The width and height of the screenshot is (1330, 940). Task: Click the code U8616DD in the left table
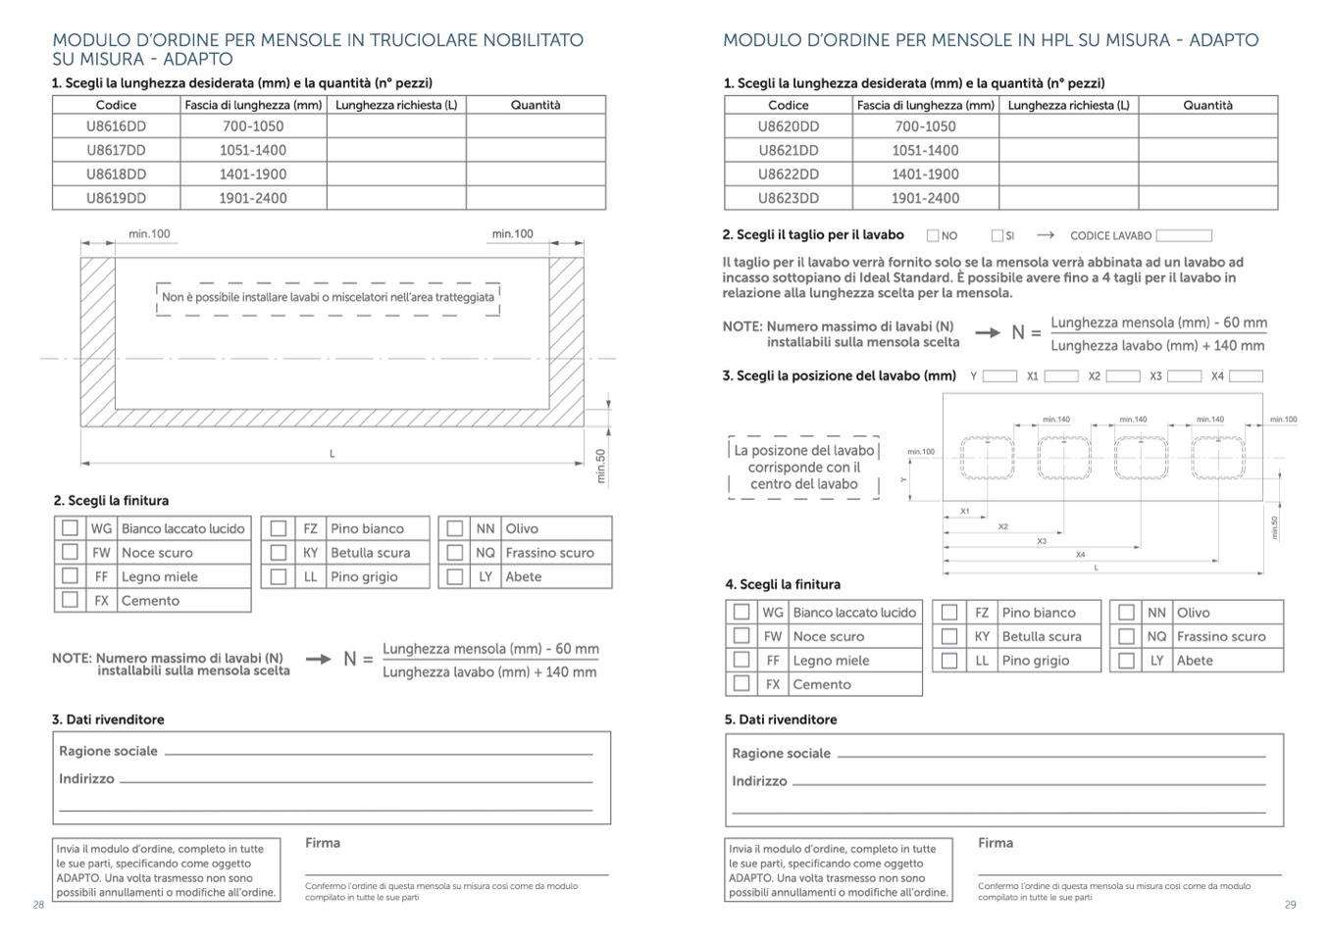(116, 126)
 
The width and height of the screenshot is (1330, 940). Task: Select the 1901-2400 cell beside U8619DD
(253, 198)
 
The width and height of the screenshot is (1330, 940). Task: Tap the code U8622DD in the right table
(788, 174)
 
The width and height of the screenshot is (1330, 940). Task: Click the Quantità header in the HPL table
(1207, 105)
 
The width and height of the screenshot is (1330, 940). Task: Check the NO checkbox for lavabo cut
(933, 235)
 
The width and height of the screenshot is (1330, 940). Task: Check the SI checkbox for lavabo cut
(997, 235)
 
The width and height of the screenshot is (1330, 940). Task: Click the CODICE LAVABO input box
(1184, 235)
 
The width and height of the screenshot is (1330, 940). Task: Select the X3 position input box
(1184, 376)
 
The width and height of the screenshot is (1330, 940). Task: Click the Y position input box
(999, 376)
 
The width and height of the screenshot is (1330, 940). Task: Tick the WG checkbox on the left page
(70, 528)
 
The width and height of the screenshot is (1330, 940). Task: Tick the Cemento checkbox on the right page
(742, 684)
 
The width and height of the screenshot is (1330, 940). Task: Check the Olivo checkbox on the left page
(454, 528)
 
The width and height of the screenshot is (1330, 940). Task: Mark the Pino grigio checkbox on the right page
(948, 661)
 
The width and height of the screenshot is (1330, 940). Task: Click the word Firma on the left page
(323, 843)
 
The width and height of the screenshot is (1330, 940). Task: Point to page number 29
(1290, 905)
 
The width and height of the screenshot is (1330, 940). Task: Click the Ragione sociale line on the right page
(1050, 755)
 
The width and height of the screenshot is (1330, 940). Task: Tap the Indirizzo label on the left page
(86, 779)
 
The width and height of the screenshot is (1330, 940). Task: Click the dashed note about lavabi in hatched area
(328, 298)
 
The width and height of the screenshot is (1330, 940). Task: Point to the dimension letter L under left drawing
(332, 454)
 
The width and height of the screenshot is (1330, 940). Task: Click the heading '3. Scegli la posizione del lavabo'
(839, 376)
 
